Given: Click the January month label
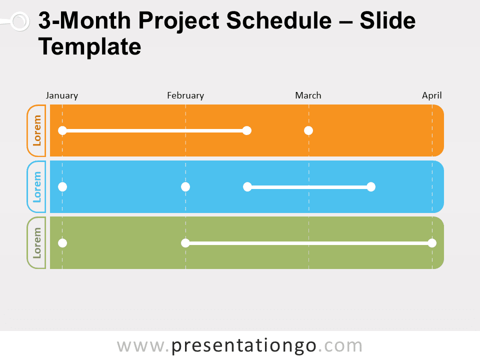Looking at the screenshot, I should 62,95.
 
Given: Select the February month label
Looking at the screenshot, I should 185,95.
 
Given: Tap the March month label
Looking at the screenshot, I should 308,95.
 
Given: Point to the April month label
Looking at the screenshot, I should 431,95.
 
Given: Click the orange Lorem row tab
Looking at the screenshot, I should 36,130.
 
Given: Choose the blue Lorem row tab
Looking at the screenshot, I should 36,187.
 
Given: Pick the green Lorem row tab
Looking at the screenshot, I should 36,243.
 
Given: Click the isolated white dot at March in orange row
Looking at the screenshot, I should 308,130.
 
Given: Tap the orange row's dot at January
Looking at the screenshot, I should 62,130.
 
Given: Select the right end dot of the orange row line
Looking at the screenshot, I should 246,130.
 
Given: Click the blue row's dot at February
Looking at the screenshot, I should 185,187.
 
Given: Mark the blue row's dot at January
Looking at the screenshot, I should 62,187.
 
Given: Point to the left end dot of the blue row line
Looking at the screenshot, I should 247,187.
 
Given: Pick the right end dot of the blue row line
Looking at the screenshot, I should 370,187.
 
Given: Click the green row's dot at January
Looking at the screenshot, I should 62,243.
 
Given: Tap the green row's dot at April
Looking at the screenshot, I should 432,243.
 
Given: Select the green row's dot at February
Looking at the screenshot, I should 185,243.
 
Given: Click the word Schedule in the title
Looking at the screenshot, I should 276,22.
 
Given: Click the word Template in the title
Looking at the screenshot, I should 90,47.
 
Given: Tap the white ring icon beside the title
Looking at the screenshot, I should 19,21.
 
